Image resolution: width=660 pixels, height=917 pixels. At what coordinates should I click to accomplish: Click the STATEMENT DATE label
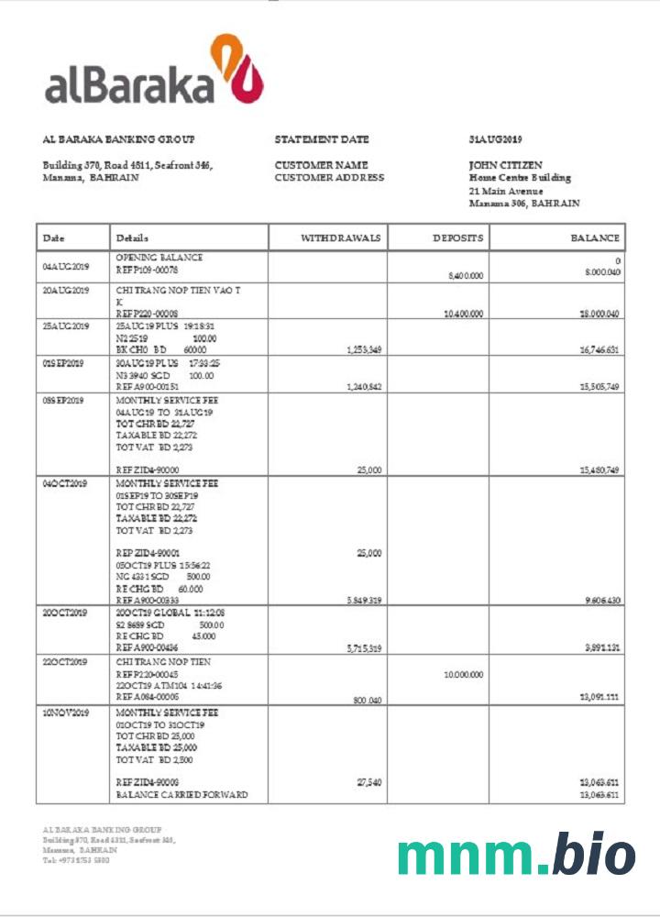pyautogui.click(x=322, y=139)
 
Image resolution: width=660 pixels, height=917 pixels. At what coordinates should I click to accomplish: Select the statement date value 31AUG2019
pyautogui.click(x=495, y=139)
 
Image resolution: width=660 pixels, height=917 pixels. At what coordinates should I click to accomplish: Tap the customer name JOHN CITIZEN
pyautogui.click(x=506, y=165)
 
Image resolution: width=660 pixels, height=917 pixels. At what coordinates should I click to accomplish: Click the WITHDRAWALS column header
pyautogui.click(x=340, y=238)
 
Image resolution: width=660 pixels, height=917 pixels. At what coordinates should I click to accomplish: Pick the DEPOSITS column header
pyautogui.click(x=457, y=238)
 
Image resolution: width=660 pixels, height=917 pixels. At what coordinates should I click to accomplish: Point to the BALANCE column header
pyautogui.click(x=595, y=238)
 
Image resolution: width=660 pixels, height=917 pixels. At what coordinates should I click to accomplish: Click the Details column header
pyautogui.click(x=132, y=238)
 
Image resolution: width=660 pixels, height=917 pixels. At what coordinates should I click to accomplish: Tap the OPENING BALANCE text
pyautogui.click(x=159, y=258)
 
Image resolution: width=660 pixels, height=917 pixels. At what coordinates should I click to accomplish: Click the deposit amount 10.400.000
pyautogui.click(x=463, y=314)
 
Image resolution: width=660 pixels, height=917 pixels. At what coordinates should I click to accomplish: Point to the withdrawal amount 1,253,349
pyautogui.click(x=364, y=349)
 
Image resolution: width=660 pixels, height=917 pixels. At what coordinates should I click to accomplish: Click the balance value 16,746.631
pyautogui.click(x=599, y=349)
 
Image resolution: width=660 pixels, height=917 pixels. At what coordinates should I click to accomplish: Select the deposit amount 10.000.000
pyautogui.click(x=463, y=674)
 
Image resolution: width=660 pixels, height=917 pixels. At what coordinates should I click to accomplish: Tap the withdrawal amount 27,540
pyautogui.click(x=368, y=782)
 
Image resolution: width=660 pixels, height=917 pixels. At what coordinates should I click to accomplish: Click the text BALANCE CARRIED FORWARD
pyautogui.click(x=181, y=795)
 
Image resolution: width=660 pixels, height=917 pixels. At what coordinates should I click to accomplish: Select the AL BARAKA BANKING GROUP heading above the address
pyautogui.click(x=119, y=139)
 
